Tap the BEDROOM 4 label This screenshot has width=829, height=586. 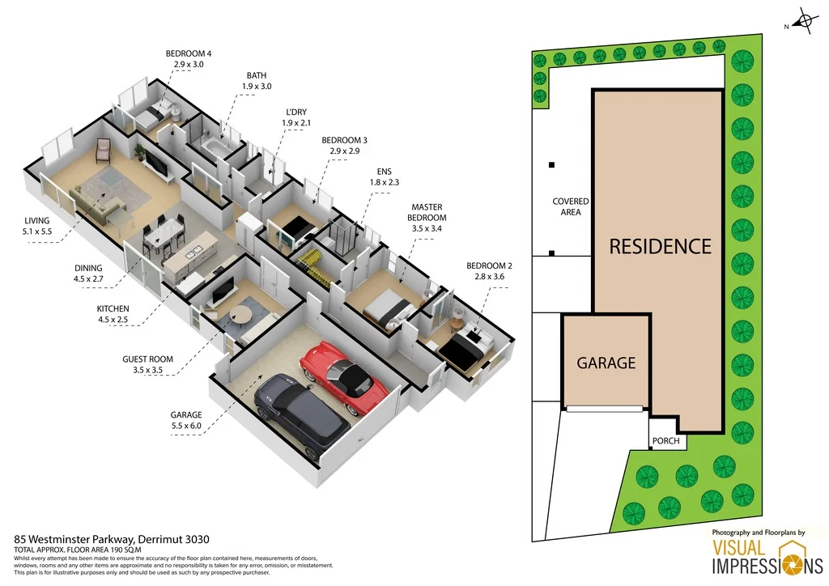point(193,55)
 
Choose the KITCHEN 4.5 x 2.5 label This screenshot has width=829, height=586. point(113,314)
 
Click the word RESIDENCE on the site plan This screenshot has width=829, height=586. point(660,246)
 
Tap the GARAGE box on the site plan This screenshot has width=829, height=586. point(606,363)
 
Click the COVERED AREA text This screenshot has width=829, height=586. point(571,206)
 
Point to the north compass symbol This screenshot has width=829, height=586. point(803,23)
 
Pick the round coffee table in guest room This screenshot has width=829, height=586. point(240,314)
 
